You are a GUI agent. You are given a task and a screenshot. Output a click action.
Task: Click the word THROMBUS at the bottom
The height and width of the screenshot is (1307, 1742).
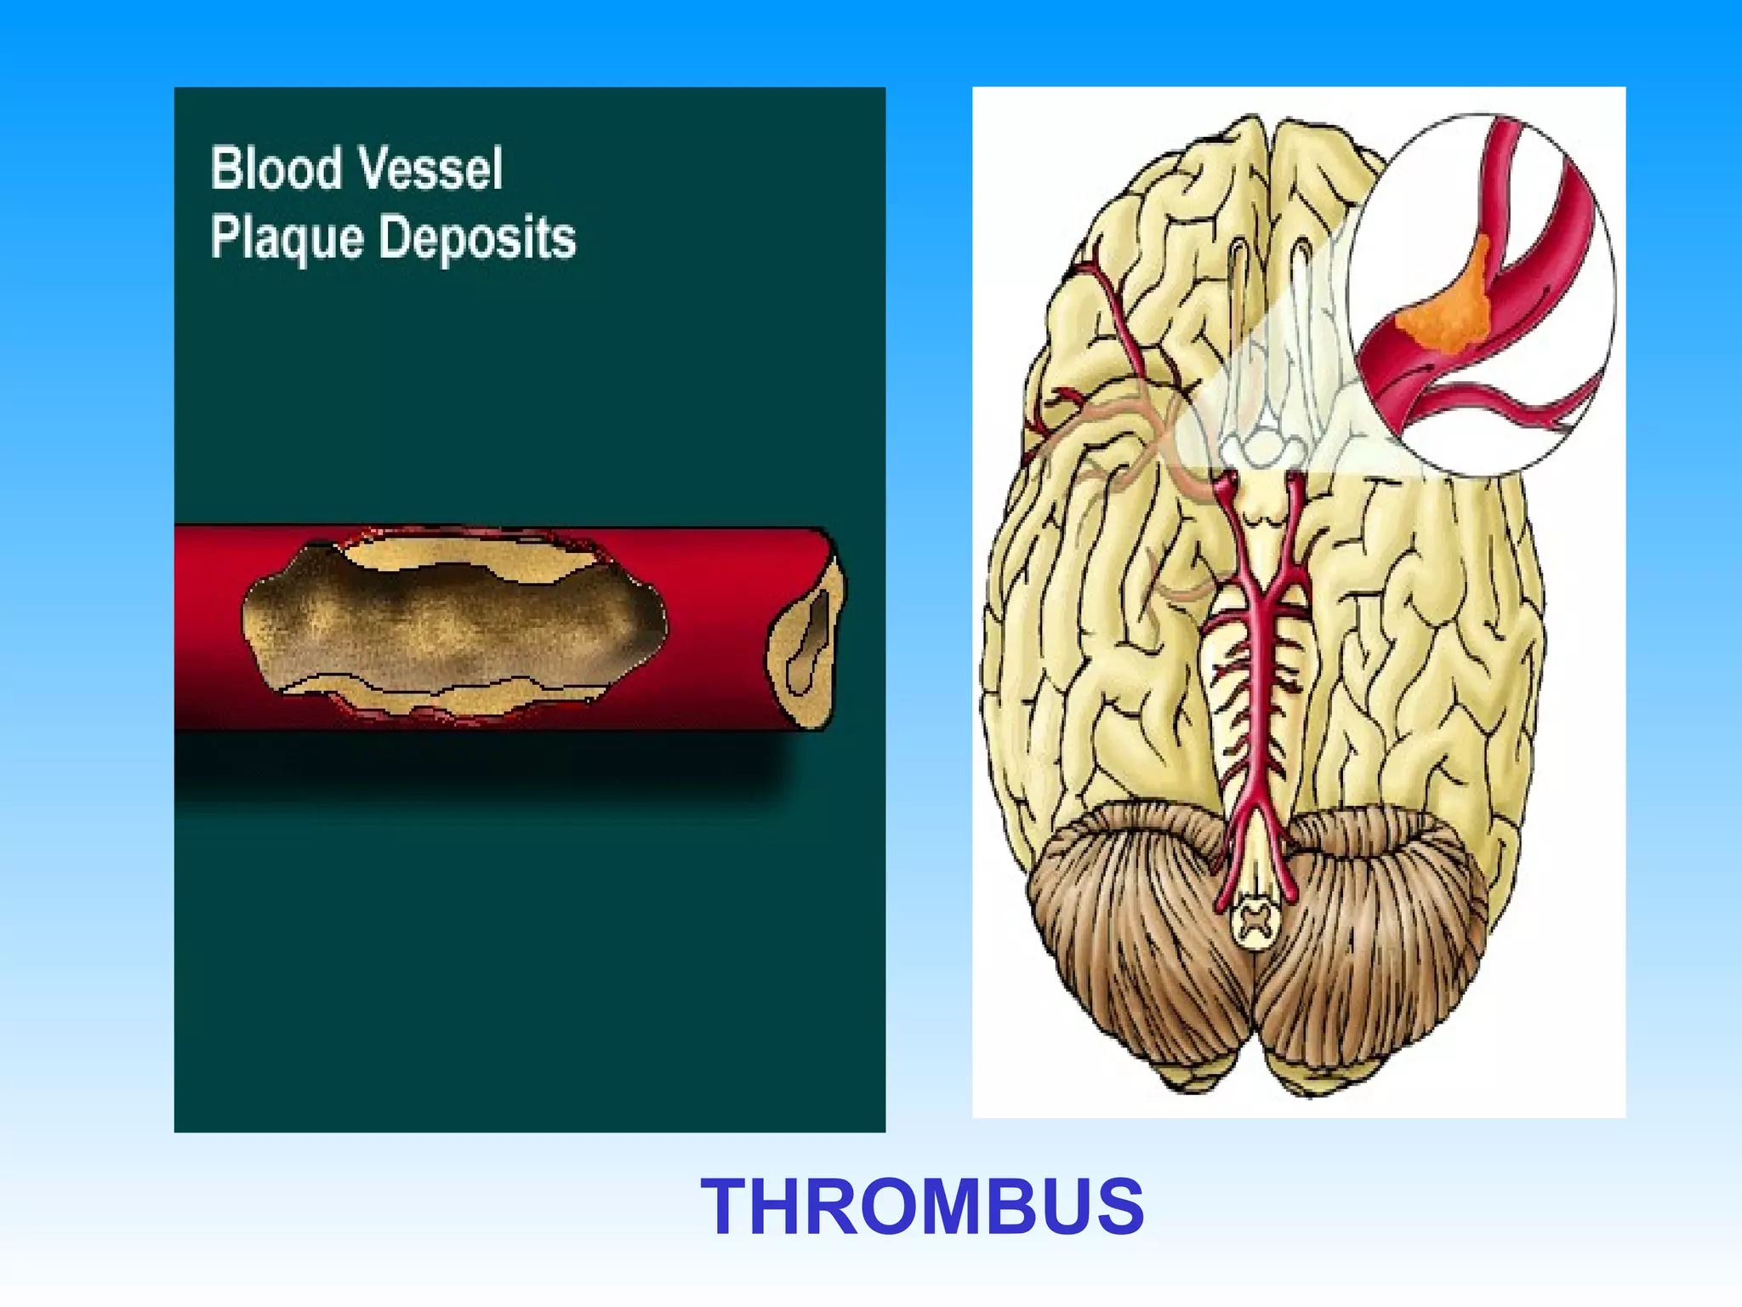click(922, 1207)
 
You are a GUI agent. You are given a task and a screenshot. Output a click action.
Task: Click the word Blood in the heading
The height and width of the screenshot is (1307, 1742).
click(276, 168)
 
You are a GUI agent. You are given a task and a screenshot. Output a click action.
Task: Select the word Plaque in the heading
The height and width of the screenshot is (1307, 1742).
click(286, 238)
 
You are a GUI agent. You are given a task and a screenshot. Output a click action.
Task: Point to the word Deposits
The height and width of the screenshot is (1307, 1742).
click(477, 238)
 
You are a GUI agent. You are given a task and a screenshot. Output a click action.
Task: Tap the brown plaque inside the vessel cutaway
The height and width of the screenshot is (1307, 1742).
click(451, 625)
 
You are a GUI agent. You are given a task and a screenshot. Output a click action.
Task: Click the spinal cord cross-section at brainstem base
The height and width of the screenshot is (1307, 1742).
click(1255, 923)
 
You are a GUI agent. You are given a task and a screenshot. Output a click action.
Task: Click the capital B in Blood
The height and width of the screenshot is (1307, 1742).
click(225, 168)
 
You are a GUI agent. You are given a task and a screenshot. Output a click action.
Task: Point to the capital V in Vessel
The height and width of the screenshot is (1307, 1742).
click(372, 168)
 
